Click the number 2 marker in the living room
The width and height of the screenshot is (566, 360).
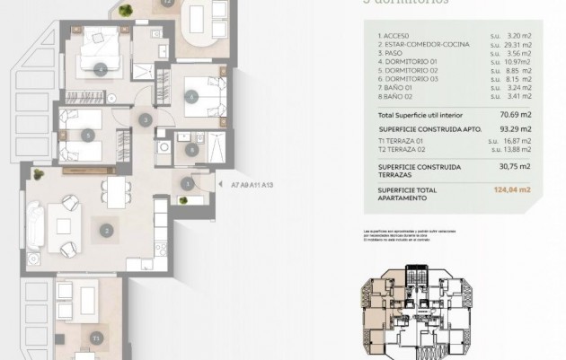106,231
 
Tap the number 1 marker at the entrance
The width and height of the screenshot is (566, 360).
187,184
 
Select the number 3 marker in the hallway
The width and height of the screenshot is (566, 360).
145,119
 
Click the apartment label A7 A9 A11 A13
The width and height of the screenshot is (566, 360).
252,185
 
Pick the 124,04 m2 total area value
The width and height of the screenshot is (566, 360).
512,190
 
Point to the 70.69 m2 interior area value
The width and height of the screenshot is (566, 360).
516,115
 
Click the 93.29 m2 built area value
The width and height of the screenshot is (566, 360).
516,128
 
